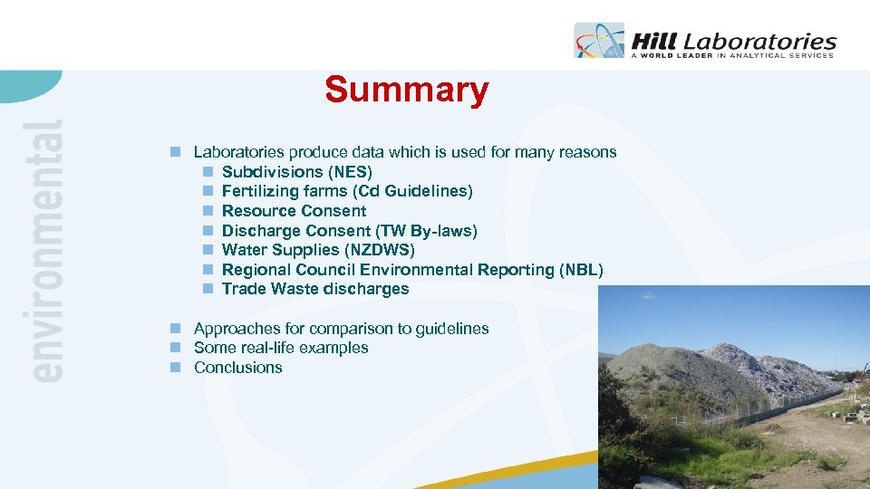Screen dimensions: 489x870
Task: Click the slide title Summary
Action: pos(406,91)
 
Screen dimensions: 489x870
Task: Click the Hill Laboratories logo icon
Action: pos(599,41)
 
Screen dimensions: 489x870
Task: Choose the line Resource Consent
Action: pos(294,211)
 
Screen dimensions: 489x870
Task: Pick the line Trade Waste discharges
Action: pos(314,290)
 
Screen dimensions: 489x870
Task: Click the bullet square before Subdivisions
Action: pos(208,172)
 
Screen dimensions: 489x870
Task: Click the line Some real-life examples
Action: pos(281,348)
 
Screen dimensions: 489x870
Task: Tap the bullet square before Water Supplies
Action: pos(208,250)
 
